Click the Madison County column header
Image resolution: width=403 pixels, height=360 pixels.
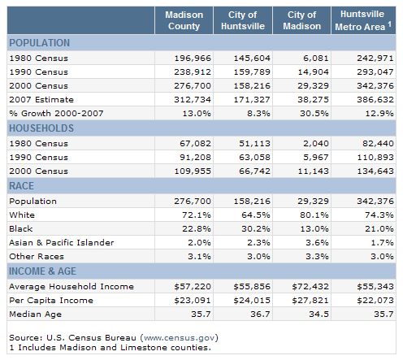click(184, 20)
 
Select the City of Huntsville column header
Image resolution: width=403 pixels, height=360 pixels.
click(243, 20)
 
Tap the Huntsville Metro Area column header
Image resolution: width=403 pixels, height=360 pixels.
click(363, 20)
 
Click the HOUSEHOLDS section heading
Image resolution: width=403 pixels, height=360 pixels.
click(41, 128)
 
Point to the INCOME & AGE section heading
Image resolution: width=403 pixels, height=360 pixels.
click(42, 271)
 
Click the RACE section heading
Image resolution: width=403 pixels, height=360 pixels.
click(22, 186)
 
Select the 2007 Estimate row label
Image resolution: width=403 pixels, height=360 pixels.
click(41, 100)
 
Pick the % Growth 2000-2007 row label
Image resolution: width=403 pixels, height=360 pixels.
click(56, 114)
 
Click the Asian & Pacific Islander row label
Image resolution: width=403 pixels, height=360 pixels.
click(62, 242)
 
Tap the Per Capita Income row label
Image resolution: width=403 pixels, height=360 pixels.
click(51, 301)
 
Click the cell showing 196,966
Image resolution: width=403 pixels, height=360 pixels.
click(193, 59)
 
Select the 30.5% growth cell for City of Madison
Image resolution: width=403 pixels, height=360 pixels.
click(314, 114)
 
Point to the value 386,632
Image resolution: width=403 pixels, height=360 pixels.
click(375, 100)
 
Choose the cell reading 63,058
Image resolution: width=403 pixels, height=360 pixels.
click(254, 158)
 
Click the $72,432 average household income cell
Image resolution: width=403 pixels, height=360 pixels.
click(310, 287)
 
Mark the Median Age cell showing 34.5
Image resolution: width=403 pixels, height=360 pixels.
click(318, 314)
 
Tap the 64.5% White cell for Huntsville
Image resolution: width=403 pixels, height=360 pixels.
click(256, 215)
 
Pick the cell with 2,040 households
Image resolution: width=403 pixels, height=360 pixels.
click(316, 144)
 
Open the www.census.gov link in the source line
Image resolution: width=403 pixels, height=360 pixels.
click(180, 338)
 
